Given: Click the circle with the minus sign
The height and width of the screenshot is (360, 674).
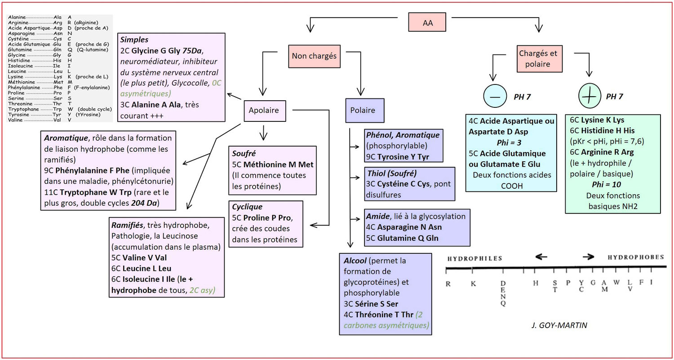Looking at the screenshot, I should [495, 96].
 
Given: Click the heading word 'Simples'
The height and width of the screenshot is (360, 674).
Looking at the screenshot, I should [135, 40].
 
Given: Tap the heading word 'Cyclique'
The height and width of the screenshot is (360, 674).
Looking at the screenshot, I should [247, 207].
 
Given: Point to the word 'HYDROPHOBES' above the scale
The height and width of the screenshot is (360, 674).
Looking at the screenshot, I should [635, 257].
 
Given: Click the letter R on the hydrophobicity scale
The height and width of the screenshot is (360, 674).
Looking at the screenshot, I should [448, 284].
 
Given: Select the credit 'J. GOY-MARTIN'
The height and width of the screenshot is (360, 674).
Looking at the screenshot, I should [562, 325].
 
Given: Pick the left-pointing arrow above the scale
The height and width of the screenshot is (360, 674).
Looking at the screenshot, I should [541, 257].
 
